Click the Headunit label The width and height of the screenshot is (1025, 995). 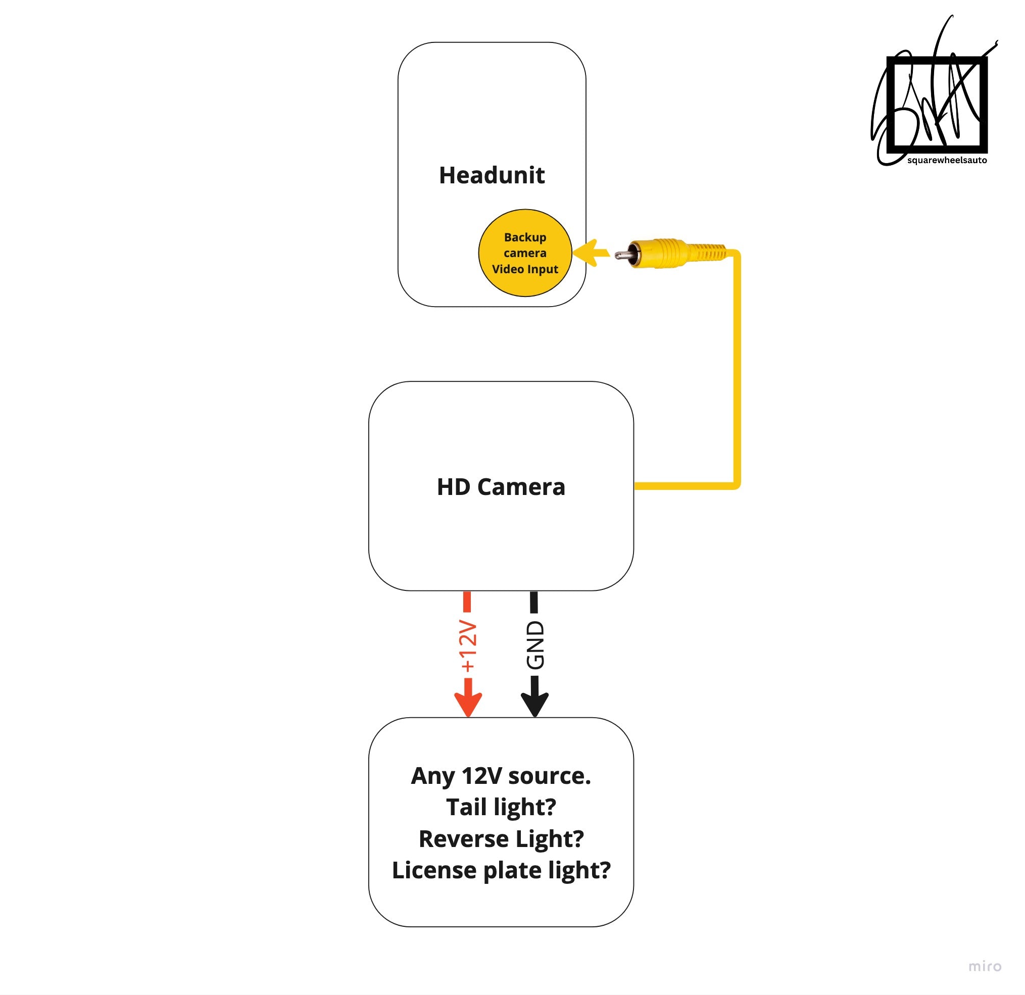point(492,175)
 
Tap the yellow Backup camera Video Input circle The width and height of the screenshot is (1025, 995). point(524,253)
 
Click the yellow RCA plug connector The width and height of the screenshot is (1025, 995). point(674,254)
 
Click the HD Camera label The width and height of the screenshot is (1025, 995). point(501,487)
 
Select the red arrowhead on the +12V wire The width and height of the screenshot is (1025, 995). point(468,704)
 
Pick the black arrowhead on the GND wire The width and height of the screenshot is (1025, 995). point(534,704)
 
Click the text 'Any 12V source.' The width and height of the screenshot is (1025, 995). point(501,776)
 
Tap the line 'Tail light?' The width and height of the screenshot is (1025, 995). point(501,807)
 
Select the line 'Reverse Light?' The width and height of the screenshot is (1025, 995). point(501,838)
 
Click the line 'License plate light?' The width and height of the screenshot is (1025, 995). point(501,871)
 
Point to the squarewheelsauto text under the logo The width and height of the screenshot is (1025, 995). point(947,160)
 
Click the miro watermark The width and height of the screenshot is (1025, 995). point(984,966)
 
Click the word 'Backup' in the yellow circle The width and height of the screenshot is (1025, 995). point(525,237)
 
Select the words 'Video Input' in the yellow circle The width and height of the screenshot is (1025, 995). point(525,269)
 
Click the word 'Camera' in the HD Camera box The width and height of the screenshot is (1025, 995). point(521,487)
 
